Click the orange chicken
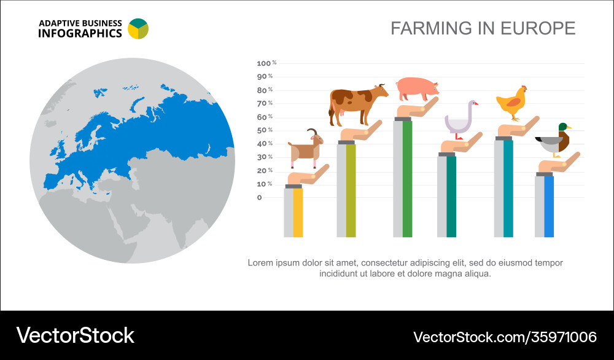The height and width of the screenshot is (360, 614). point(512,103)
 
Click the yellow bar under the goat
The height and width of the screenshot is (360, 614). point(298,212)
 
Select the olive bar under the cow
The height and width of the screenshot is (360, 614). point(351,190)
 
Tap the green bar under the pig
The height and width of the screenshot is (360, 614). point(407,178)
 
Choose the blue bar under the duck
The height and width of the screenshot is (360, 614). point(549,206)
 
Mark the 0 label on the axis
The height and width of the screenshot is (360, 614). point(259,197)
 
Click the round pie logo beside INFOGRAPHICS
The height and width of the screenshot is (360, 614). point(138,28)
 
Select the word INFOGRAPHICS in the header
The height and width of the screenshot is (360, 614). point(80,34)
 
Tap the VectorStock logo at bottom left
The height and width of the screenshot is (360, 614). point(75,335)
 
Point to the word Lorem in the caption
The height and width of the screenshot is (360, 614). point(260,262)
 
